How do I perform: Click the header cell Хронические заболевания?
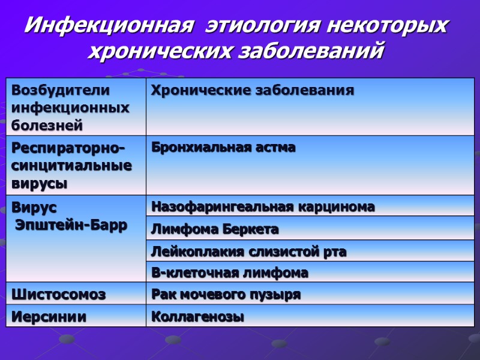[x=252, y=91]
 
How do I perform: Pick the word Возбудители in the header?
[x=61, y=91]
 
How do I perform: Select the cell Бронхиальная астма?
[x=223, y=148]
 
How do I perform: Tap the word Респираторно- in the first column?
[x=69, y=148]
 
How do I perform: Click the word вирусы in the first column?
[x=40, y=183]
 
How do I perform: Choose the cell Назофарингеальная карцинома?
[x=263, y=207]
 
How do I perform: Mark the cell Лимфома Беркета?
[x=215, y=229]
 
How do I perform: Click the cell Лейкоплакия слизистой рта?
[x=248, y=251]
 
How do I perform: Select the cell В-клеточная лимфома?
[x=229, y=273]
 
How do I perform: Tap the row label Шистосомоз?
[x=58, y=295]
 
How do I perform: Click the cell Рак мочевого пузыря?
[x=226, y=295]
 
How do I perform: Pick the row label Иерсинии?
[x=49, y=317]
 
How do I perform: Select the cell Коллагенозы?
[x=197, y=317]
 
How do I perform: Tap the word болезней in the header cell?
[x=47, y=125]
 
